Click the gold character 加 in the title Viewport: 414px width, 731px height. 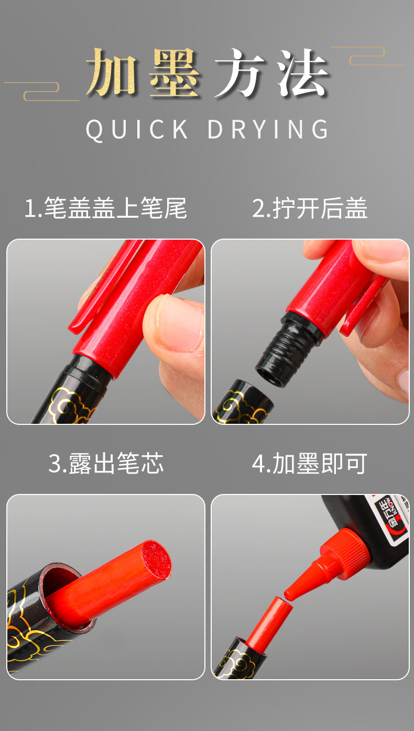[112, 73]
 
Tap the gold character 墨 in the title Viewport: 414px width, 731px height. [175, 73]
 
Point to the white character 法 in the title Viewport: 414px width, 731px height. [302, 73]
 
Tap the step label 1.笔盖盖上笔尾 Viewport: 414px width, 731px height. [105, 208]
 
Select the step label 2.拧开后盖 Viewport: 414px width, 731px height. [310, 208]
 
